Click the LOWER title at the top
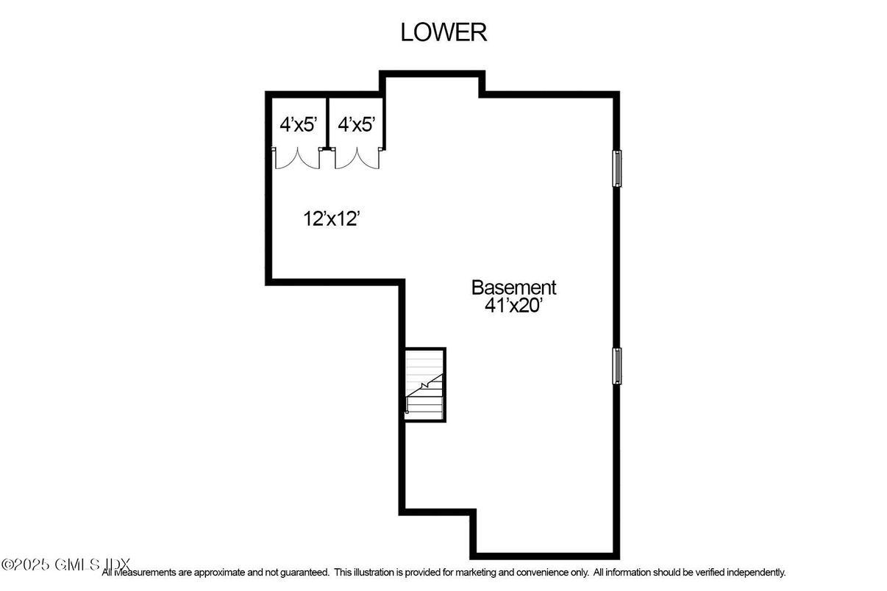(443, 32)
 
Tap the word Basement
(513, 287)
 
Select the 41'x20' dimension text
(513, 305)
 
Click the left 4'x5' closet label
(297, 124)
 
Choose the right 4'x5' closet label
(356, 124)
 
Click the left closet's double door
(297, 158)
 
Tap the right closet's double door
(357, 158)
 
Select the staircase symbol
(425, 384)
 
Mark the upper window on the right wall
(618, 168)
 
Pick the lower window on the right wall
(618, 365)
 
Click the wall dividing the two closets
(326, 122)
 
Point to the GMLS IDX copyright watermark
(66, 565)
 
